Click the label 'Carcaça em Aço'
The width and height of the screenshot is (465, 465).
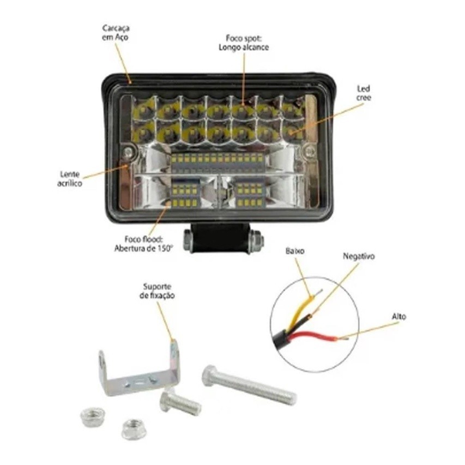pyautogui.click(x=116, y=33)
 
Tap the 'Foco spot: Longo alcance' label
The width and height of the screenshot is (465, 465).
pyautogui.click(x=244, y=43)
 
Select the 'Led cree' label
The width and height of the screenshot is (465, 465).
pyautogui.click(x=364, y=93)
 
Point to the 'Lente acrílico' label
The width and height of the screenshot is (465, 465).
pyautogui.click(x=70, y=178)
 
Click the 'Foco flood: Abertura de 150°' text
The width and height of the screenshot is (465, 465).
pyautogui.click(x=143, y=244)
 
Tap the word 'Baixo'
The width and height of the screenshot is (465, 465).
pyautogui.click(x=295, y=251)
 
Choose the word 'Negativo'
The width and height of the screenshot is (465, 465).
pyautogui.click(x=359, y=256)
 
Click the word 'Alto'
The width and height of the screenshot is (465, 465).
pyautogui.click(x=399, y=317)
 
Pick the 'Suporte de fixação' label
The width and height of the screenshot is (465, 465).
pyautogui.click(x=157, y=291)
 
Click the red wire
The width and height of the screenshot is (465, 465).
pyautogui.click(x=315, y=337)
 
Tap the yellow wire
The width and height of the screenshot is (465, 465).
pyautogui.click(x=299, y=311)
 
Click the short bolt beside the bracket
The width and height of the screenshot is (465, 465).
pyautogui.click(x=180, y=402)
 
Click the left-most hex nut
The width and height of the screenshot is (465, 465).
pyautogui.click(x=93, y=416)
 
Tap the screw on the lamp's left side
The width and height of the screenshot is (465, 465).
pyautogui.click(x=128, y=152)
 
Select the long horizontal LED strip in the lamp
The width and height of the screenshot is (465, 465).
pyautogui.click(x=218, y=163)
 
